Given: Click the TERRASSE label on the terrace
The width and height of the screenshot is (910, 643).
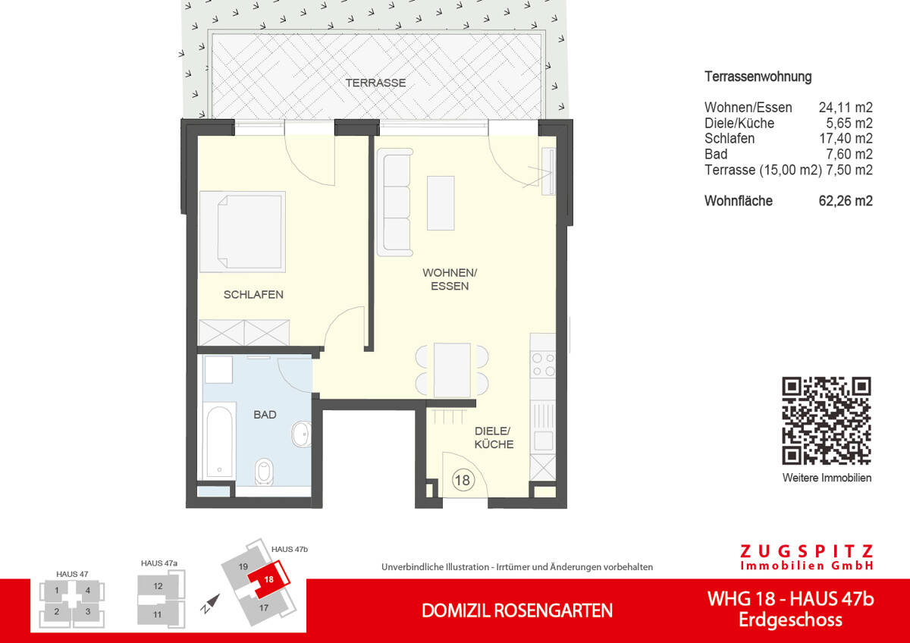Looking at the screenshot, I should pyautogui.click(x=375, y=83).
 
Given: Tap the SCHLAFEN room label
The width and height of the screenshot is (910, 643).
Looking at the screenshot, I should pyautogui.click(x=253, y=294).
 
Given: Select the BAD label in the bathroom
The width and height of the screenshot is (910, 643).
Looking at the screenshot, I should pyautogui.click(x=265, y=415).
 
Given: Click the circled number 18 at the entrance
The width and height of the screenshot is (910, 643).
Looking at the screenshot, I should pyautogui.click(x=463, y=479).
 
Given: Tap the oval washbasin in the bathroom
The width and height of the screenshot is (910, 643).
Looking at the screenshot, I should pyautogui.click(x=301, y=434).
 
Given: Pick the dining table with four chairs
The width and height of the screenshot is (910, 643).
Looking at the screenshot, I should pyautogui.click(x=452, y=370).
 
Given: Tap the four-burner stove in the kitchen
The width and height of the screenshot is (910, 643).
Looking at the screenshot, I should pyautogui.click(x=544, y=364).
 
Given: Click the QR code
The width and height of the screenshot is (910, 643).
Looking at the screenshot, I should pyautogui.click(x=827, y=420).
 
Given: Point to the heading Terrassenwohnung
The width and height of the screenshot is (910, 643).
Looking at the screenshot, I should pyautogui.click(x=758, y=77).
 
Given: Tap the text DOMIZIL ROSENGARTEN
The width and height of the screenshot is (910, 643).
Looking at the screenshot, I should pyautogui.click(x=516, y=610).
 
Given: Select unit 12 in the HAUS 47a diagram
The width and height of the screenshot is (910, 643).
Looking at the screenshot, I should pyautogui.click(x=158, y=586).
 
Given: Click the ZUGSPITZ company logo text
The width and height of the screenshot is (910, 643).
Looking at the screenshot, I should pyautogui.click(x=805, y=551).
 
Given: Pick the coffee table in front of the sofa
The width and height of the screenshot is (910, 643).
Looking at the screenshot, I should pyautogui.click(x=441, y=202).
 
